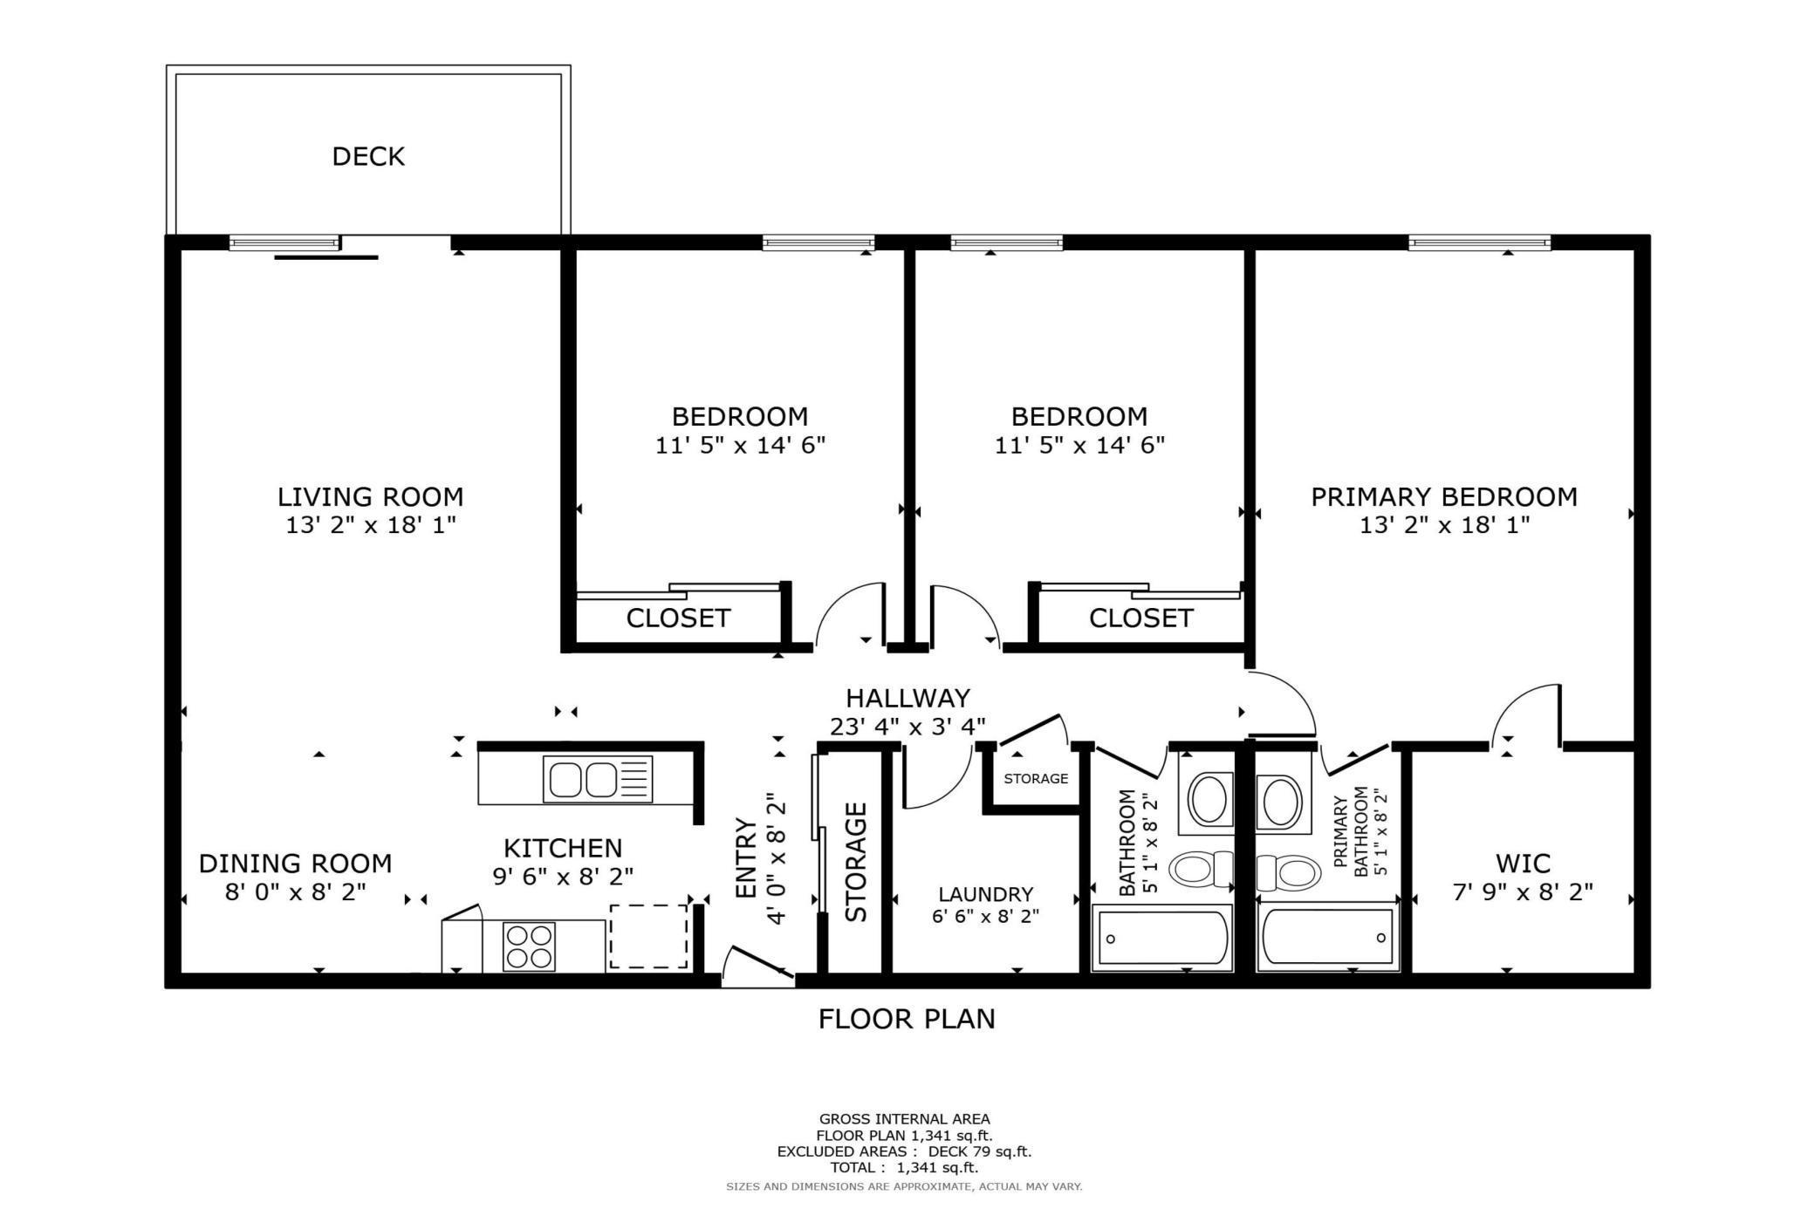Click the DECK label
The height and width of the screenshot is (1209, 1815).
[x=368, y=157]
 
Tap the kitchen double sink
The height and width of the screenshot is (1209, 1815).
[x=598, y=779]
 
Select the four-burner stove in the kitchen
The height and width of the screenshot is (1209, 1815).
[x=530, y=946]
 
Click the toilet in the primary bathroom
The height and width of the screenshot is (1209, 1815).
[x=1288, y=871]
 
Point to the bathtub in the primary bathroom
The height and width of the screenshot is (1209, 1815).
[x=1327, y=939]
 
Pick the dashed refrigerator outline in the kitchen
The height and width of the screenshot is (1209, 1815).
[x=648, y=936]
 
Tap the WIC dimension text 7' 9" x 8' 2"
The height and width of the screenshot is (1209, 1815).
[x=1523, y=892]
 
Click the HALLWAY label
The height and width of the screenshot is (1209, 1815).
[x=907, y=699]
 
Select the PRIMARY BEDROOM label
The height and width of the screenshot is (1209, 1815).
[x=1444, y=497]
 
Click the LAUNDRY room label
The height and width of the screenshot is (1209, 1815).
[x=986, y=894]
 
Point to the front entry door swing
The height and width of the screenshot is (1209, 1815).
[x=758, y=967]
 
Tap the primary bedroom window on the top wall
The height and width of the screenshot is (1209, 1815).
[x=1479, y=242]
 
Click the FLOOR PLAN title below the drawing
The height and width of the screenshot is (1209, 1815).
[x=907, y=1019]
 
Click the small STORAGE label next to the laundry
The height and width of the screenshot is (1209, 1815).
[x=1036, y=779]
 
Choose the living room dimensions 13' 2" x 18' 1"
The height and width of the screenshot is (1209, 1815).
[x=371, y=525]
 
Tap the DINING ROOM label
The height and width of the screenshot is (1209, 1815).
[x=295, y=864]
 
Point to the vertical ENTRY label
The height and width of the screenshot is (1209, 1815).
[x=746, y=858]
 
